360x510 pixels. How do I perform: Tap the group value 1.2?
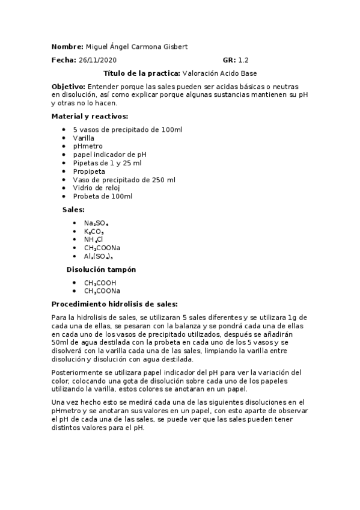click(x=243, y=60)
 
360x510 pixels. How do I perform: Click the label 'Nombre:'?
click(x=67, y=47)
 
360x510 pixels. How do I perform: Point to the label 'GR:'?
click(x=229, y=60)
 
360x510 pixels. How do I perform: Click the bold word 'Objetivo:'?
click(x=69, y=87)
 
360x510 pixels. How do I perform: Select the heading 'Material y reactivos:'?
click(x=90, y=116)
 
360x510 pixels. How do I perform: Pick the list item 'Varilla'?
click(x=84, y=138)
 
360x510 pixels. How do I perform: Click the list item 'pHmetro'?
click(x=88, y=146)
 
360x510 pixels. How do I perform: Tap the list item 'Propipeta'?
click(x=89, y=171)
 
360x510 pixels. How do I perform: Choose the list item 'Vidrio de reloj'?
click(x=97, y=188)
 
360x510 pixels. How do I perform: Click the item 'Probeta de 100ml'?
click(x=102, y=197)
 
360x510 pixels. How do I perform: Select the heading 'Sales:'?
click(x=73, y=209)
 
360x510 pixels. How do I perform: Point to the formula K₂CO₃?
click(x=94, y=231)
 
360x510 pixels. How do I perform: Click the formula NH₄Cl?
click(x=94, y=239)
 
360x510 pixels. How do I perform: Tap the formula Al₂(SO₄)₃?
click(x=99, y=256)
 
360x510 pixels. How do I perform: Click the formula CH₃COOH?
click(x=100, y=283)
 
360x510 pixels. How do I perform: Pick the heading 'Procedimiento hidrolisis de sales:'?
click(x=115, y=304)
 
